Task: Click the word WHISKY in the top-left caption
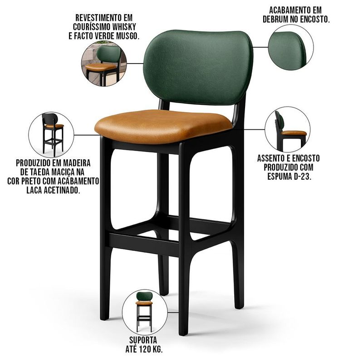(124, 27)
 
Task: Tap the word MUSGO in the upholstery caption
(128, 36)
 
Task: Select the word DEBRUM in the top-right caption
(275, 20)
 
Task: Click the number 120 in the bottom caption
(146, 349)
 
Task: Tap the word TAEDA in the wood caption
(42, 172)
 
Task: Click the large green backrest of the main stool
(198, 67)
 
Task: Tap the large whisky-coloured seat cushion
(163, 126)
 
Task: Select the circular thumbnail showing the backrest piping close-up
(291, 47)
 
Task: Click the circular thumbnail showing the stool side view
(288, 129)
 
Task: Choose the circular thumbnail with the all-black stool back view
(51, 135)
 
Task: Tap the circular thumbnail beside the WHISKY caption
(104, 64)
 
